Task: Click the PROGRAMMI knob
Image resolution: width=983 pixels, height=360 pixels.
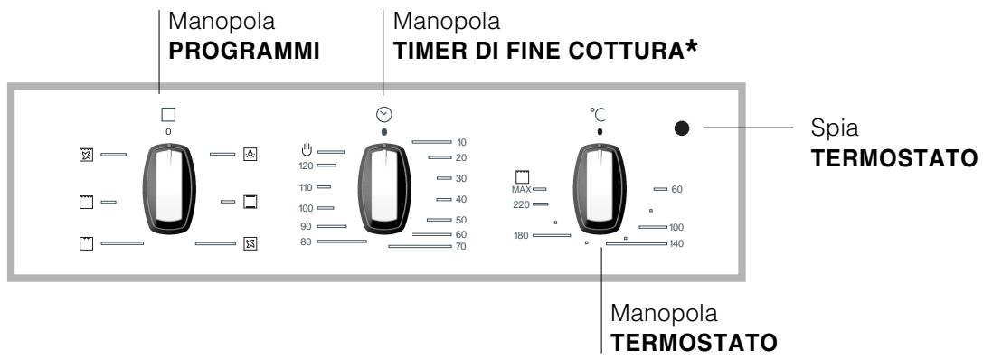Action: point(169,187)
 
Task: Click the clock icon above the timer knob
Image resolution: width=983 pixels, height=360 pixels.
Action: point(384,114)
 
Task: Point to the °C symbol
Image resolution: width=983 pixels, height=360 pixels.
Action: point(598,115)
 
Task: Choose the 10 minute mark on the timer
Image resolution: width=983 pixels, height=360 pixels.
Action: point(461,142)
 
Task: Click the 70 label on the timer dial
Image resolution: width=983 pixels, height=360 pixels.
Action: point(461,246)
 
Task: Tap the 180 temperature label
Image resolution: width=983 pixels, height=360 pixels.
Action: point(520,236)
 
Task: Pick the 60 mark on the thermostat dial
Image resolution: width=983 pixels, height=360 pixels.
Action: point(676,189)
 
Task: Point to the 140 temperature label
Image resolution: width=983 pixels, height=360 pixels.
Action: point(676,244)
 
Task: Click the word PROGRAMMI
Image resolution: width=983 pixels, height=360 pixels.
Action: point(239,52)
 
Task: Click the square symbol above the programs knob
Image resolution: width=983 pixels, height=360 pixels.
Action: point(167,115)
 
